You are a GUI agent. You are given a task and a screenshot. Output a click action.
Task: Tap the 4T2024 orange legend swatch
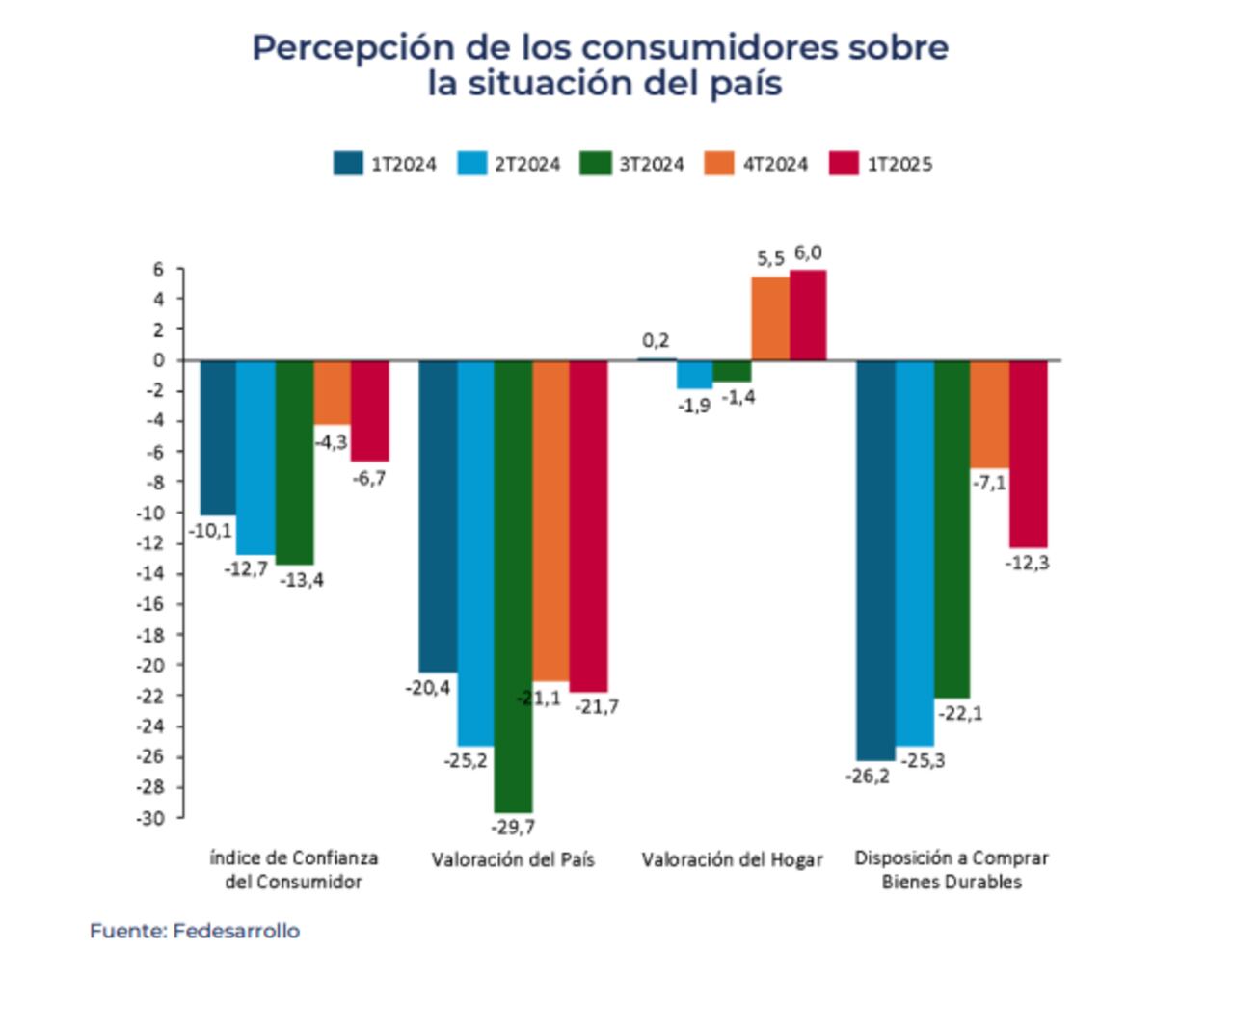point(719,164)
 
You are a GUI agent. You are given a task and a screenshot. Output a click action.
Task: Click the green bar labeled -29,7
point(513,586)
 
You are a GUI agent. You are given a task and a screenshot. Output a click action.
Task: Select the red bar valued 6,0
point(808,315)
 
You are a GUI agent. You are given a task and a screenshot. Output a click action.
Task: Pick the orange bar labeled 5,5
point(770,319)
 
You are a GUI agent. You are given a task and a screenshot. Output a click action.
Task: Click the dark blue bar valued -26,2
point(875,560)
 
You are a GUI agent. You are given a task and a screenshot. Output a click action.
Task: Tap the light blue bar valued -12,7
point(255,458)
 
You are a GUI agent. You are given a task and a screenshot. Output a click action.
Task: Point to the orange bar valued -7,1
point(989,414)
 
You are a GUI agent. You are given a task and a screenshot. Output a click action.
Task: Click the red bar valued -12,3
point(1028,454)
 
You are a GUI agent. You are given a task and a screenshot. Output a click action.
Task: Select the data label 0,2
point(656,340)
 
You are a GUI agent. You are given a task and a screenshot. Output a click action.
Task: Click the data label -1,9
point(694,406)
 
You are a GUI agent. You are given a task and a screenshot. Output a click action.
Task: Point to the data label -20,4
point(428,688)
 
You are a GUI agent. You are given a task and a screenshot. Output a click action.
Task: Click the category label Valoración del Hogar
point(732,859)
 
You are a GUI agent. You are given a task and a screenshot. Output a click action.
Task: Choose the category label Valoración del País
point(513,859)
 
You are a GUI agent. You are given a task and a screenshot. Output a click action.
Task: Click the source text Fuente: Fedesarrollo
point(195,931)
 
